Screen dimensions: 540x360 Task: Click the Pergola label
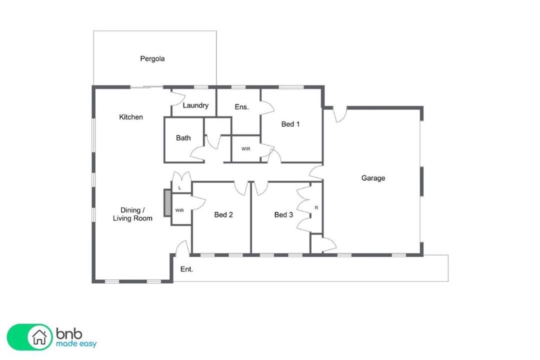pos(152,59)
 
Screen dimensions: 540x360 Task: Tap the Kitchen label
pos(131,117)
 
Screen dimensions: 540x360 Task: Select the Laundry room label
pos(195,105)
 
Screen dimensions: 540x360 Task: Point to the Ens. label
pos(241,107)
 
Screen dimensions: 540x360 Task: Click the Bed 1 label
pos(290,124)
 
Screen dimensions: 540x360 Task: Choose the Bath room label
pos(183,138)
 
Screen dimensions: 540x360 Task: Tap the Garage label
pos(373,178)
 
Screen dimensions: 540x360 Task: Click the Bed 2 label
pos(223,214)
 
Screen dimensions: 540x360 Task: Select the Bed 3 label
pos(283,214)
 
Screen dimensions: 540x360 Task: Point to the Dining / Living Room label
pos(132,214)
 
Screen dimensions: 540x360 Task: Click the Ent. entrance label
pos(186,269)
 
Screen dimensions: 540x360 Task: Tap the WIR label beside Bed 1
pos(245,149)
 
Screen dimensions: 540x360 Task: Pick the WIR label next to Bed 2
pos(179,210)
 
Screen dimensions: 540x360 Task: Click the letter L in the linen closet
pos(179,188)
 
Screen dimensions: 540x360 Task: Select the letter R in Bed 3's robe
pos(316,207)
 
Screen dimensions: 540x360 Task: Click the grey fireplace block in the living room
pos(167,203)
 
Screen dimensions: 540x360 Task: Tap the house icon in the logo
pos(39,337)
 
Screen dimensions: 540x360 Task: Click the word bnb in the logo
pos(69,333)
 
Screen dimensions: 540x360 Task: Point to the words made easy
pos(76,344)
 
